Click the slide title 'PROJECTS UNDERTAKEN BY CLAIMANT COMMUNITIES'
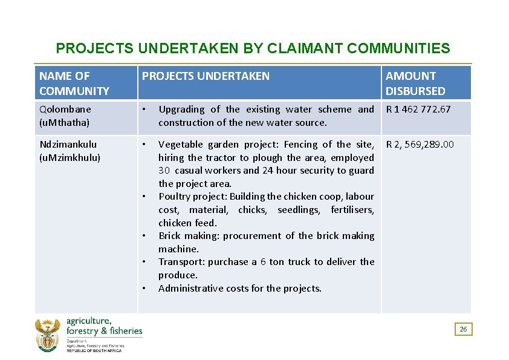[x=253, y=48]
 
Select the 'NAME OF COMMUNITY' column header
[x=74, y=83]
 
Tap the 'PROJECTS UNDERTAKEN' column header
[x=206, y=76]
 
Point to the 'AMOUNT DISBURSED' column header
[x=415, y=83]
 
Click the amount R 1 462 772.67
[x=418, y=110]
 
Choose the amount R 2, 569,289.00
[x=421, y=145]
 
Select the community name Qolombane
[x=65, y=110]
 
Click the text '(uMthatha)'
[x=64, y=123]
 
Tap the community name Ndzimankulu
[x=68, y=145]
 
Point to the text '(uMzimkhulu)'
[x=70, y=157]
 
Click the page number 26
[x=463, y=329]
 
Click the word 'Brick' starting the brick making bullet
[x=169, y=236]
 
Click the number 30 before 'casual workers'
[x=164, y=171]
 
